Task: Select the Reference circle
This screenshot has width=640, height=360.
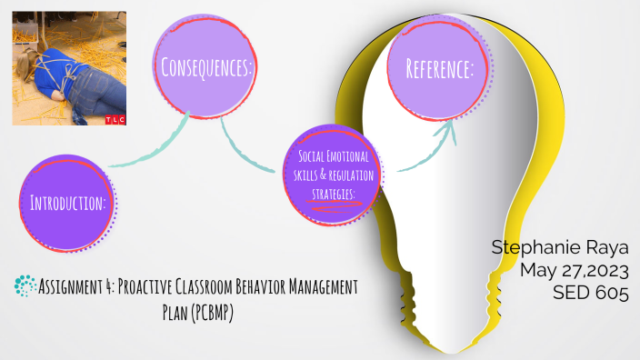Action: tap(439, 68)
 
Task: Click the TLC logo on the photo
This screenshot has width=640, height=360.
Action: tap(115, 117)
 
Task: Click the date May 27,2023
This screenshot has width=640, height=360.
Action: tap(575, 269)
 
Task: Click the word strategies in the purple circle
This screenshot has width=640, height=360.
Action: tap(332, 192)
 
